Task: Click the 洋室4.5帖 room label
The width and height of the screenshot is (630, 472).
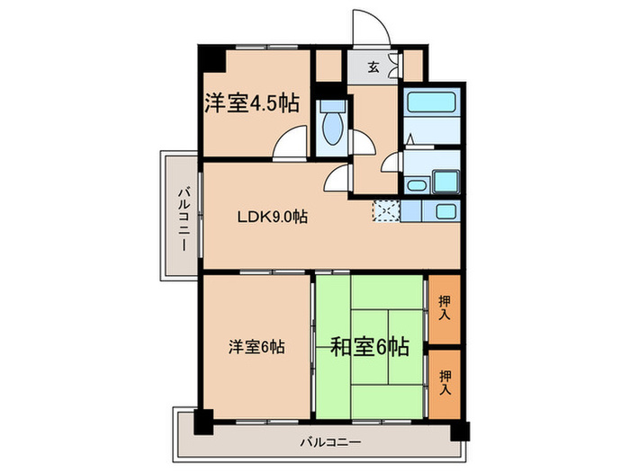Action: click(x=250, y=103)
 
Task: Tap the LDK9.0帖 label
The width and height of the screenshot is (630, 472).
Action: click(x=273, y=217)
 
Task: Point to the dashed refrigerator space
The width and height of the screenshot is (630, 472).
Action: click(x=385, y=211)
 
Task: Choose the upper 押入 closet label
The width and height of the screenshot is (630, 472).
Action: click(x=445, y=307)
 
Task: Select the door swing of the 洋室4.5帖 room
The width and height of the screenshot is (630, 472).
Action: click(x=293, y=144)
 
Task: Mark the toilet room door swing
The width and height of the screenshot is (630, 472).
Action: click(x=363, y=142)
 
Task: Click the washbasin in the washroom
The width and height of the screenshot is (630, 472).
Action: click(x=417, y=185)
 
